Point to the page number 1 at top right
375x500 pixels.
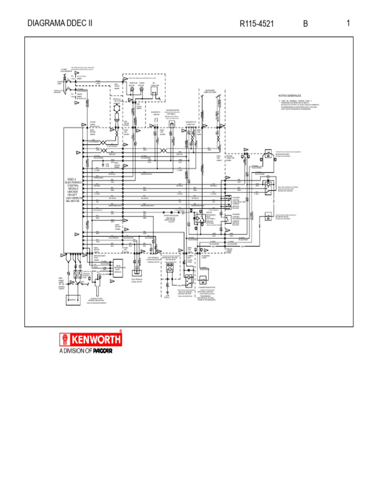pos(348,23)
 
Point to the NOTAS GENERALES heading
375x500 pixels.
pos(290,95)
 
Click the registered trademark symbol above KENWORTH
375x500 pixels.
pos(121,332)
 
